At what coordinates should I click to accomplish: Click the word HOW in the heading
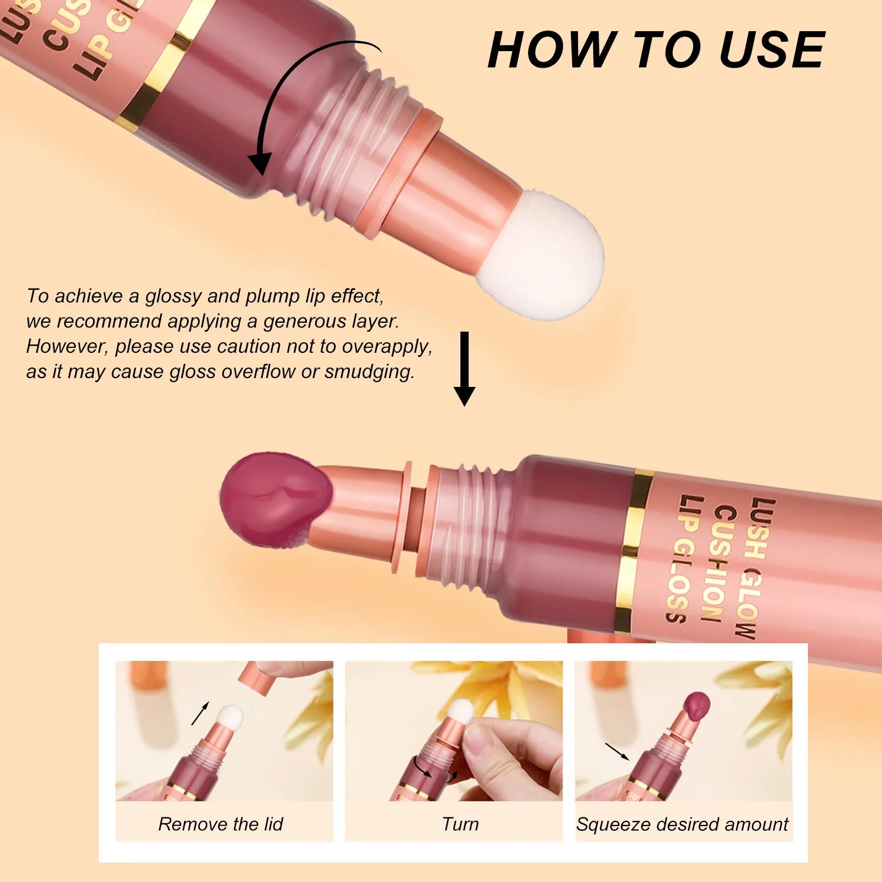[550, 50]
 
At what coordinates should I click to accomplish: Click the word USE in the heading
[771, 50]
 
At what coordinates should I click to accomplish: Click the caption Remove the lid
[220, 824]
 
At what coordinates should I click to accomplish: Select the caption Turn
[460, 824]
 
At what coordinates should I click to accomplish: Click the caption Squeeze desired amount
[682, 824]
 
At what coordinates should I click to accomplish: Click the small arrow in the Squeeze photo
[617, 751]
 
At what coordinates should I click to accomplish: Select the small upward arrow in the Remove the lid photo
[200, 713]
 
